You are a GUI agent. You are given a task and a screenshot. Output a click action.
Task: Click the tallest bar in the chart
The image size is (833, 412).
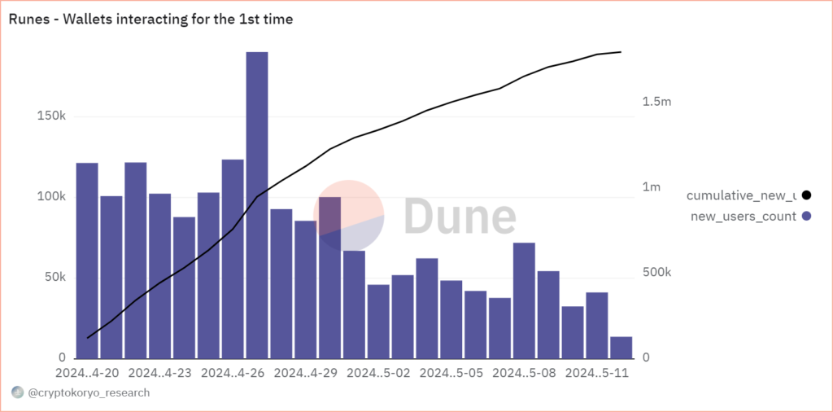click(x=257, y=204)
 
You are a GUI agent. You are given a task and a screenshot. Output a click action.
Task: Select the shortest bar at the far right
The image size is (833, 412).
click(x=621, y=348)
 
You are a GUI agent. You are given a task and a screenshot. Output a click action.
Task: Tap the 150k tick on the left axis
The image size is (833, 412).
click(x=51, y=116)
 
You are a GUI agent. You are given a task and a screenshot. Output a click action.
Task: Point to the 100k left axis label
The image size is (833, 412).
click(x=51, y=197)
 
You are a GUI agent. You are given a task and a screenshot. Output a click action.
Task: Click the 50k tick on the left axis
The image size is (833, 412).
click(x=55, y=278)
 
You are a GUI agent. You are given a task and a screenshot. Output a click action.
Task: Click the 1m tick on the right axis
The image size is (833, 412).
click(x=652, y=187)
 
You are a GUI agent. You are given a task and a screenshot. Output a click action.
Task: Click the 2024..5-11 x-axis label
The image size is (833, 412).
click(x=597, y=373)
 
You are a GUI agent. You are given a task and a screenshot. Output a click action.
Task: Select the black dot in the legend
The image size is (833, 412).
click(x=806, y=195)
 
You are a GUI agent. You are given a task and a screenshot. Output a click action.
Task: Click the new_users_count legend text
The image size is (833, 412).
click(x=743, y=216)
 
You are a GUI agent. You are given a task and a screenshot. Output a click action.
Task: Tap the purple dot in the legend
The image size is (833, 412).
click(x=806, y=216)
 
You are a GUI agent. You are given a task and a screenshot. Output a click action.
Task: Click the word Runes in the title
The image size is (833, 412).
click(x=28, y=20)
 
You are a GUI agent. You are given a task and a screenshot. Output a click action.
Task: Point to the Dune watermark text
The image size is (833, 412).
click(x=460, y=216)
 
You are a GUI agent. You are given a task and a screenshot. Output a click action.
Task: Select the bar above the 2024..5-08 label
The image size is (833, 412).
click(x=524, y=300)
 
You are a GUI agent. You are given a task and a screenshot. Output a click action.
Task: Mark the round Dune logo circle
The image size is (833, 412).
click(x=348, y=215)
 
